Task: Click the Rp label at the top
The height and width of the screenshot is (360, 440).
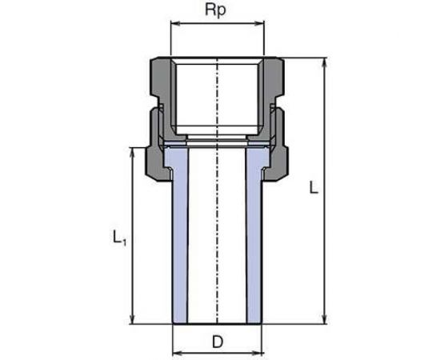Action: tap(218, 13)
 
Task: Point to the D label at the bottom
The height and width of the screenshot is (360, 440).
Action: tap(218, 342)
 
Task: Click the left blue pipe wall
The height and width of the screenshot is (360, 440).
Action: tap(181, 240)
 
